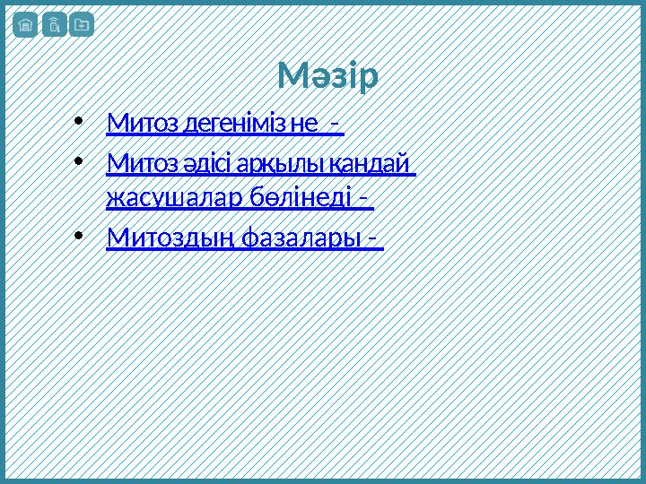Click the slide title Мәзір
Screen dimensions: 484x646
tap(327, 77)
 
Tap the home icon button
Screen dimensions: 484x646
tap(25, 25)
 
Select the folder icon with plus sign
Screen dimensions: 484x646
tap(81, 25)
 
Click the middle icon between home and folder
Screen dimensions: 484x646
tap(53, 25)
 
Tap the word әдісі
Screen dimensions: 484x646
tap(205, 165)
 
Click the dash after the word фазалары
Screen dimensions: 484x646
tap(372, 239)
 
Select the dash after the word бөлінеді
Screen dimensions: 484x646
tap(363, 198)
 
